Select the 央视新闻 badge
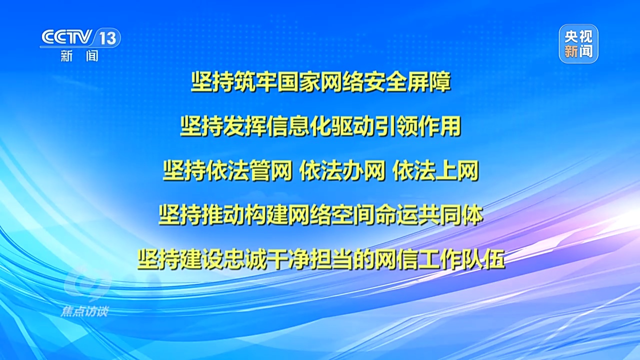(x=578, y=43)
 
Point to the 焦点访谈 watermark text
(x=84, y=311)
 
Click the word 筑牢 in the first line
(x=256, y=82)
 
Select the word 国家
(x=299, y=82)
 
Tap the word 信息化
(x=299, y=126)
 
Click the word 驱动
(x=353, y=126)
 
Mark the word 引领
(x=397, y=126)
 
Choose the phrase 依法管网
(x=227, y=171)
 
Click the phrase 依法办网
(x=342, y=171)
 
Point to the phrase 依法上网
(x=435, y=171)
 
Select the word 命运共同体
(x=429, y=215)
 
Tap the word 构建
(x=266, y=215)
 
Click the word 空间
(x=353, y=215)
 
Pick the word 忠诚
(x=245, y=259)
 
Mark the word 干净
(x=288, y=259)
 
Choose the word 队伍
(x=483, y=259)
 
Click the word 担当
(x=332, y=259)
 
